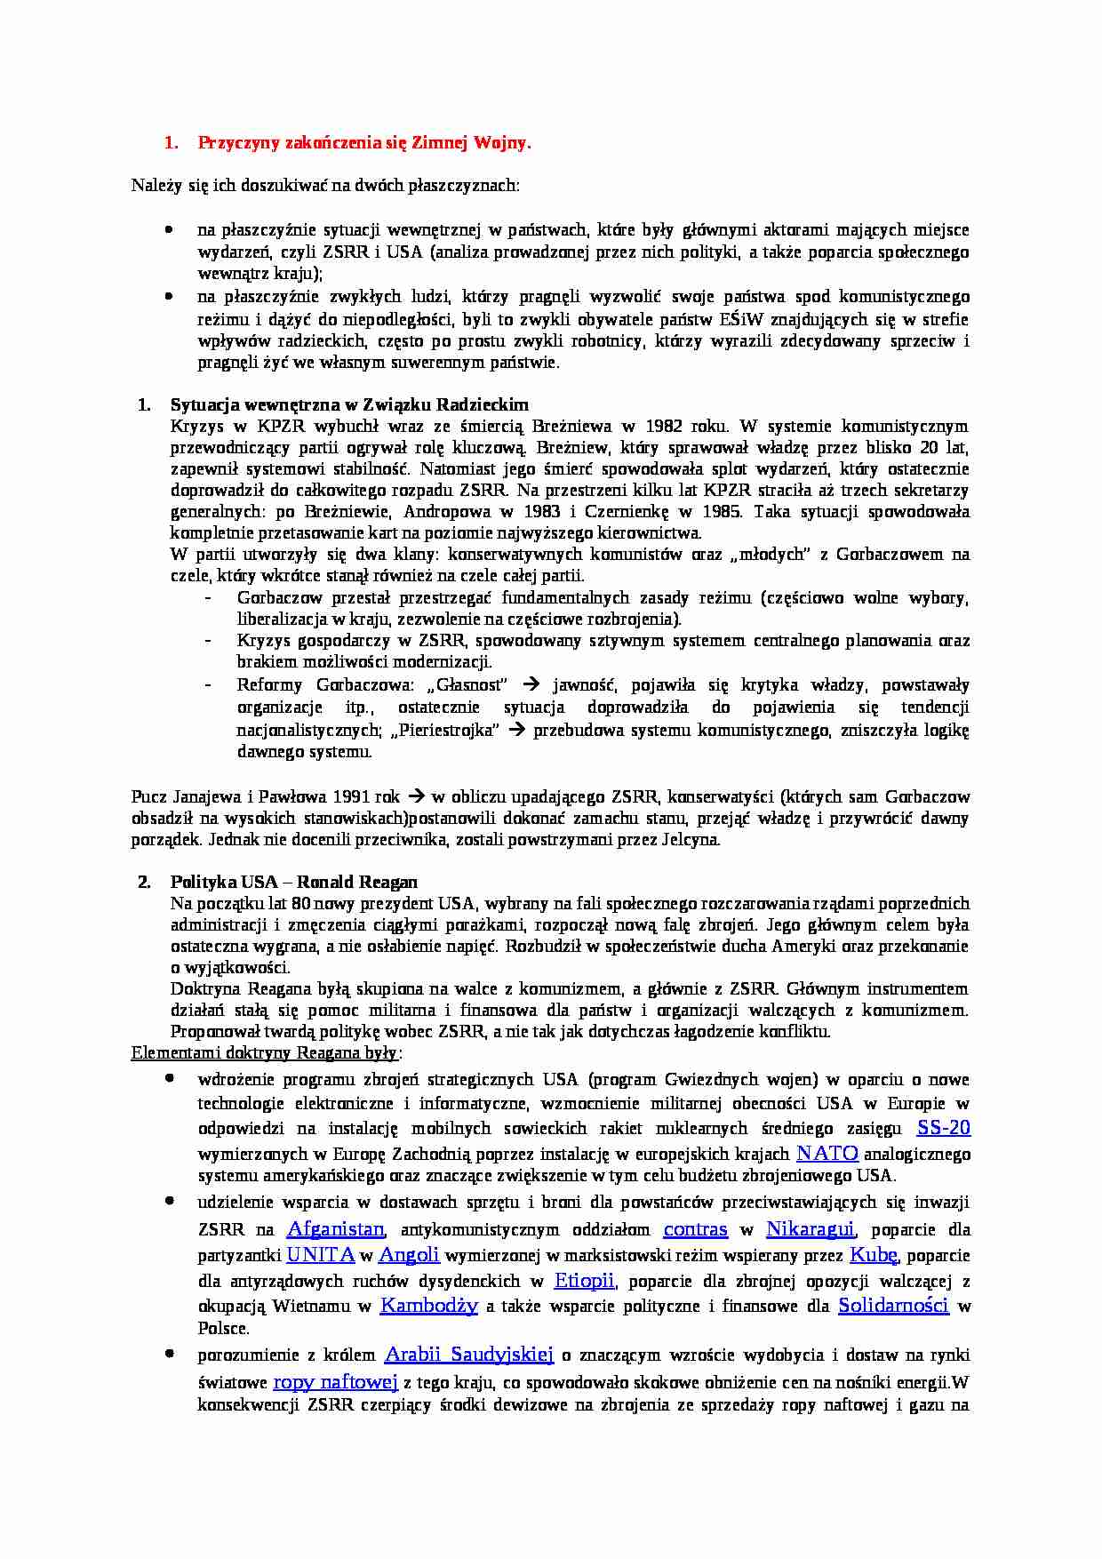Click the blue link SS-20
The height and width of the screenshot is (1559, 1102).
click(943, 1128)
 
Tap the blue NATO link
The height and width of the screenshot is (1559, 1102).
click(826, 1154)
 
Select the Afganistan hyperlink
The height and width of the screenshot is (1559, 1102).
click(335, 1229)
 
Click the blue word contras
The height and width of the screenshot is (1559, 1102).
click(695, 1229)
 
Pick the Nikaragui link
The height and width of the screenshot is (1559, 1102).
click(810, 1229)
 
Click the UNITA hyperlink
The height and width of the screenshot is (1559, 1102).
click(320, 1255)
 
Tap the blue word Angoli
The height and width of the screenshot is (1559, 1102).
click(409, 1255)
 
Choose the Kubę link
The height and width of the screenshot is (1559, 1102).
click(874, 1255)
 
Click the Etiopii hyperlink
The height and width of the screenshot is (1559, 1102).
click(584, 1281)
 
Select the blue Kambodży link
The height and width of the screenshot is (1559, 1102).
click(428, 1306)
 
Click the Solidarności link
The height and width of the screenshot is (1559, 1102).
click(893, 1306)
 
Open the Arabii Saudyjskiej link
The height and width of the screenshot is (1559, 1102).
click(468, 1355)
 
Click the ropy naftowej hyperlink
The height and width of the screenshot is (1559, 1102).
click(334, 1382)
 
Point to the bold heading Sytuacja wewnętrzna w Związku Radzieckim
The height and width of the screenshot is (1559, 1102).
click(349, 405)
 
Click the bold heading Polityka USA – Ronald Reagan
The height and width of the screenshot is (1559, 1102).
click(293, 883)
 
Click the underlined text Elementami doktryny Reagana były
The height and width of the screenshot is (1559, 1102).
click(265, 1053)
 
